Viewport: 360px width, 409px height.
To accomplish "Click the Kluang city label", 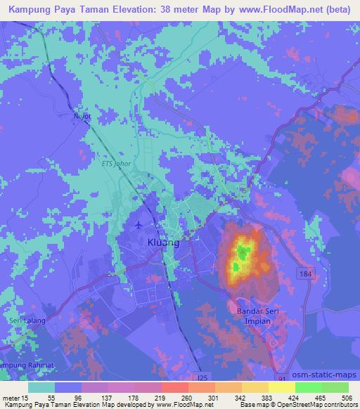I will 164,242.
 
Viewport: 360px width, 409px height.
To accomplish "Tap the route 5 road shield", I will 244,190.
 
